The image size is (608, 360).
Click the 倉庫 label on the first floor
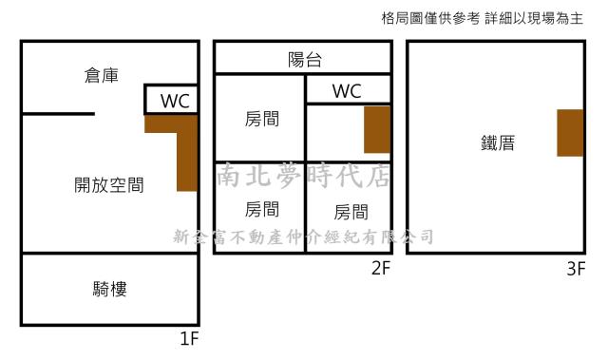point(102,77)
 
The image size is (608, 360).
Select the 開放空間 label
point(109,185)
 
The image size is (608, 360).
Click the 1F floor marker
point(189,337)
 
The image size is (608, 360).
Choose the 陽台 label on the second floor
point(305,60)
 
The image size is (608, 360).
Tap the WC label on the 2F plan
point(347,91)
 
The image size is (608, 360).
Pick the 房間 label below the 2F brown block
point(351,211)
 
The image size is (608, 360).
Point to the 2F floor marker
point(381,269)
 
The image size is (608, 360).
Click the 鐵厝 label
point(498,143)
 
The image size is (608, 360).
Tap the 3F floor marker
point(575,269)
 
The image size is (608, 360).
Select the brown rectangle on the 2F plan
point(377,130)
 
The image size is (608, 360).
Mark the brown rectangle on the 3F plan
point(570,133)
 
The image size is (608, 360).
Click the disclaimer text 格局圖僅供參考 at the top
point(429,19)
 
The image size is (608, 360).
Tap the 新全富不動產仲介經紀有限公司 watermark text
point(304,237)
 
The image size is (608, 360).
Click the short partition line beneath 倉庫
point(58,114)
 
